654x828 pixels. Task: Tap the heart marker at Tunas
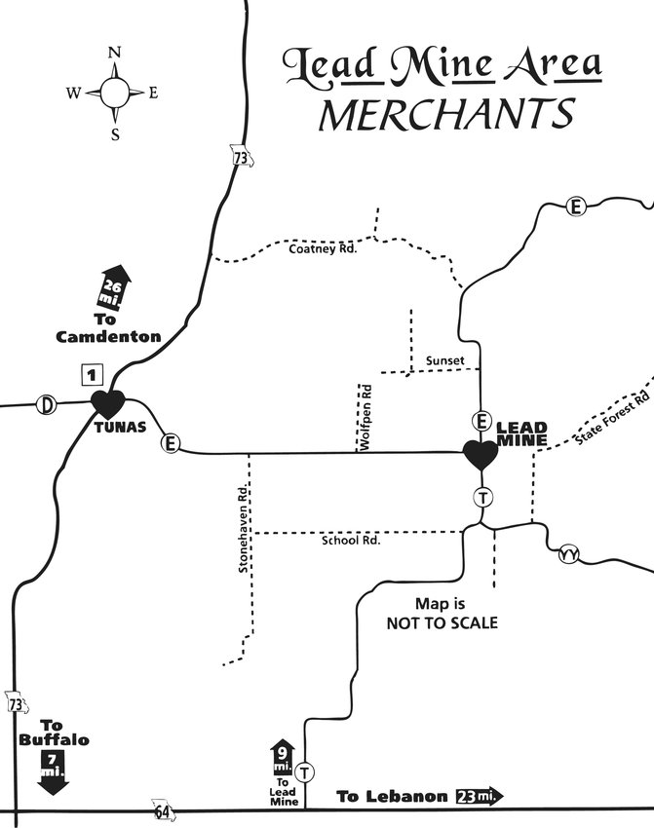pos(107,402)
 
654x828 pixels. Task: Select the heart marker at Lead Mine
pos(480,454)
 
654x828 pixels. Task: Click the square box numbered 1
pos(91,372)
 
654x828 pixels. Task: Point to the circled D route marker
pos(44,403)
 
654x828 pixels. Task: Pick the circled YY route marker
pos(569,555)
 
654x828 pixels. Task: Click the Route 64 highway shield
pos(160,808)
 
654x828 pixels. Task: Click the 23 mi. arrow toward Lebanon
pos(478,796)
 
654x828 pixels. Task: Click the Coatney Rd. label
pos(324,248)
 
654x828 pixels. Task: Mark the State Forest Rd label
pos(611,419)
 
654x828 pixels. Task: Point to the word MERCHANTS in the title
pos(445,114)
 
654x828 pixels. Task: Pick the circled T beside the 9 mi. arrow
pos(307,772)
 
